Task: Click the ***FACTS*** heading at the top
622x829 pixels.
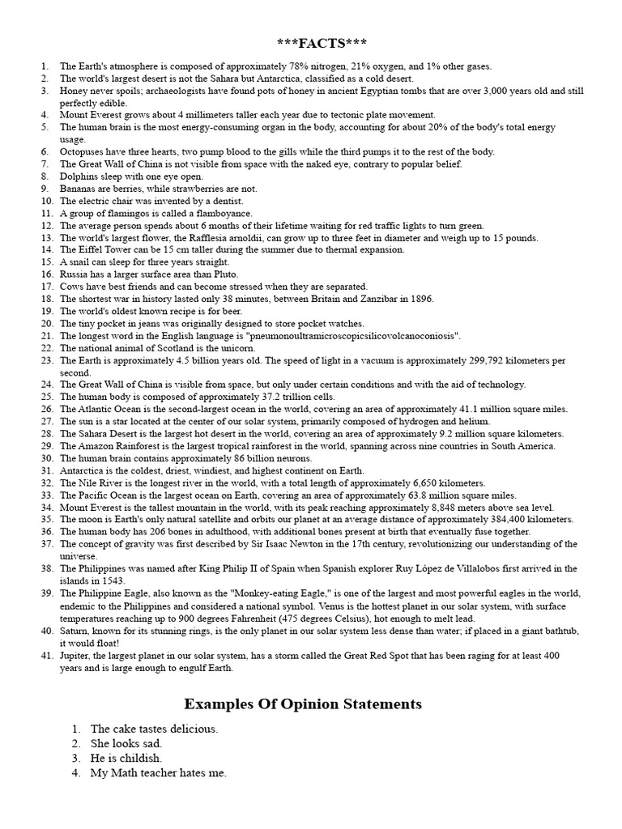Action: (x=311, y=43)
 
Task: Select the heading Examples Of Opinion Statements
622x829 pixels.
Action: (x=303, y=704)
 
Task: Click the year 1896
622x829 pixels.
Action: (x=421, y=299)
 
